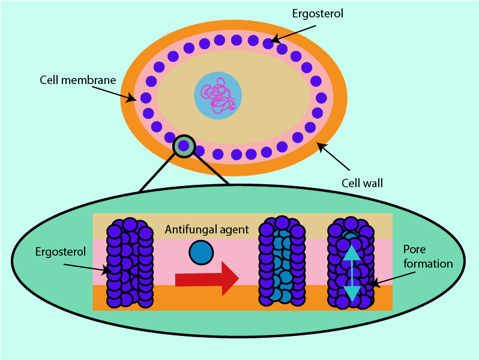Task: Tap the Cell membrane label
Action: [78, 80]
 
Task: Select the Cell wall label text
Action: [362, 182]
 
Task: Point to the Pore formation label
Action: [427, 256]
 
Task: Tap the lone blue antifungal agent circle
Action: [200, 253]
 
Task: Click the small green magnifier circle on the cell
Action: [184, 146]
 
